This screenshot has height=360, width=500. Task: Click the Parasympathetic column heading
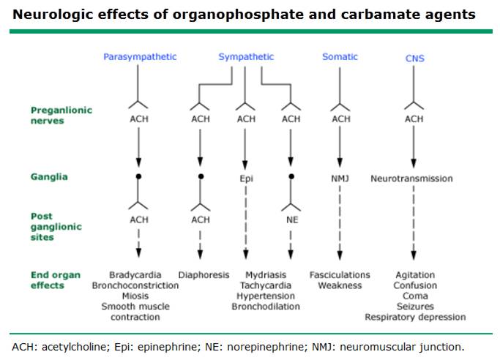pyautogui.click(x=140, y=57)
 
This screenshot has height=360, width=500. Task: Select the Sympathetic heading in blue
pyautogui.click(x=246, y=57)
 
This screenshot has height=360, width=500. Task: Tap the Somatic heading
pyautogui.click(x=340, y=57)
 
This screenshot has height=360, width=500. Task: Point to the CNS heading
pyautogui.click(x=414, y=59)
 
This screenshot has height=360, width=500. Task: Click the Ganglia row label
pyautogui.click(x=49, y=177)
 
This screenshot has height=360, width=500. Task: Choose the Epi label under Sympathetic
pyautogui.click(x=246, y=179)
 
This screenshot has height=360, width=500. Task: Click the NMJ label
pyautogui.click(x=340, y=179)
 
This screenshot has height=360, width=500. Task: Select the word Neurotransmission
pyautogui.click(x=411, y=179)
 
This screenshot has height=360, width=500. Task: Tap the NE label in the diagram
pyautogui.click(x=292, y=220)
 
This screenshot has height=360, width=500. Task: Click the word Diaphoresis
pyautogui.click(x=204, y=275)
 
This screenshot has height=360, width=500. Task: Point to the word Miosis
pyautogui.click(x=135, y=296)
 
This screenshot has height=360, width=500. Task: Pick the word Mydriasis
pyautogui.click(x=266, y=275)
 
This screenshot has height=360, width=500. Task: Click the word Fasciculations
pyautogui.click(x=340, y=275)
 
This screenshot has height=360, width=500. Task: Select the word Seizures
pyautogui.click(x=415, y=307)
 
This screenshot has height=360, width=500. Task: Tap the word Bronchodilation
pyautogui.click(x=266, y=307)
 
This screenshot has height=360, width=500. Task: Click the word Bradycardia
pyautogui.click(x=135, y=275)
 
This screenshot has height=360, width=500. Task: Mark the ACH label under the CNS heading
pyautogui.click(x=414, y=119)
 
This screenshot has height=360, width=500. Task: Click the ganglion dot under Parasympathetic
pyautogui.click(x=138, y=176)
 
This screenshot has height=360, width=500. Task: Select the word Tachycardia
pyautogui.click(x=266, y=285)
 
